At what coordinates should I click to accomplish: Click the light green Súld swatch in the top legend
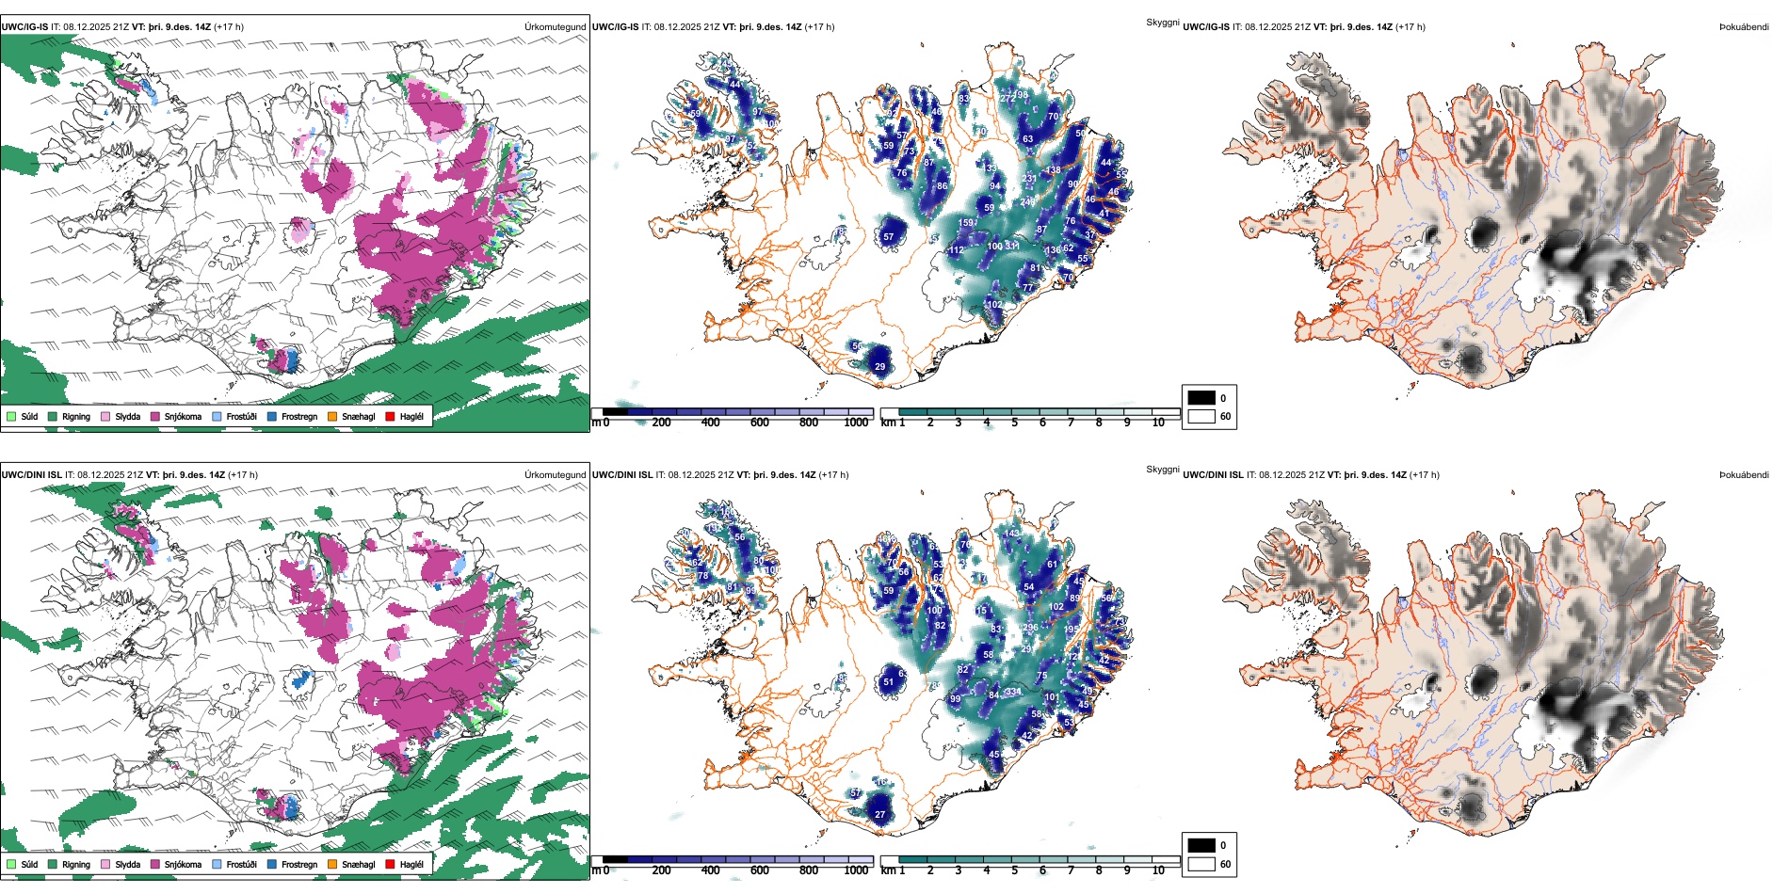11,416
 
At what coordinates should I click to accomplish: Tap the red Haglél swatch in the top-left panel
390,416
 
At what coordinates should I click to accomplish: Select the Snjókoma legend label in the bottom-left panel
183,864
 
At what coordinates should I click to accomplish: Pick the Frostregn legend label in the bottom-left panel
298,864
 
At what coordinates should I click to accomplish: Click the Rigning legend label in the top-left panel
76,416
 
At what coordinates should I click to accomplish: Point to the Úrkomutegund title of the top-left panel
555,27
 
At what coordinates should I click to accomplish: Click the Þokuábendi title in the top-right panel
1744,27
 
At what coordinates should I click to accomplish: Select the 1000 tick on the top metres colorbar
856,423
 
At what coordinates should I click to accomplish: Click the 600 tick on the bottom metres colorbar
760,870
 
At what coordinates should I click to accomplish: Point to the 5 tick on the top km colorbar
1014,423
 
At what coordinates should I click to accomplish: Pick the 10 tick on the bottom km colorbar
1158,870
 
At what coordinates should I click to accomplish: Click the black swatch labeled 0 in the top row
1201,398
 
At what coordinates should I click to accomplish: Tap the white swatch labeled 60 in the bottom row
1201,864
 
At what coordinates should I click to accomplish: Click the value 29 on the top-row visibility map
879,367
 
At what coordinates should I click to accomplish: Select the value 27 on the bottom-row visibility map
879,815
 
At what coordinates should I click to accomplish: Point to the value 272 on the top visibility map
1007,98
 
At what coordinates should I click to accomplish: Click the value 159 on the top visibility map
966,223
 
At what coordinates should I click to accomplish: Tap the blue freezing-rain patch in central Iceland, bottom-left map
300,678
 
